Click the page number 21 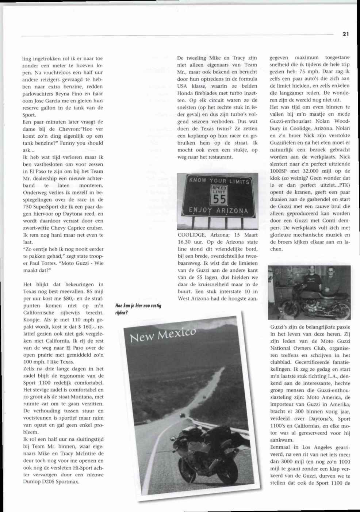pos(346,34)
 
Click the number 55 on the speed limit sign pos(219,199)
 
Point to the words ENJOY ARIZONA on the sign pos(218,211)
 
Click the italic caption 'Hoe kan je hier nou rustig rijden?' pos(138,309)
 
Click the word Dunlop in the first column pos(33,482)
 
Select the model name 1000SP pos(280,171)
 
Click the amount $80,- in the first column pos(61,299)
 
